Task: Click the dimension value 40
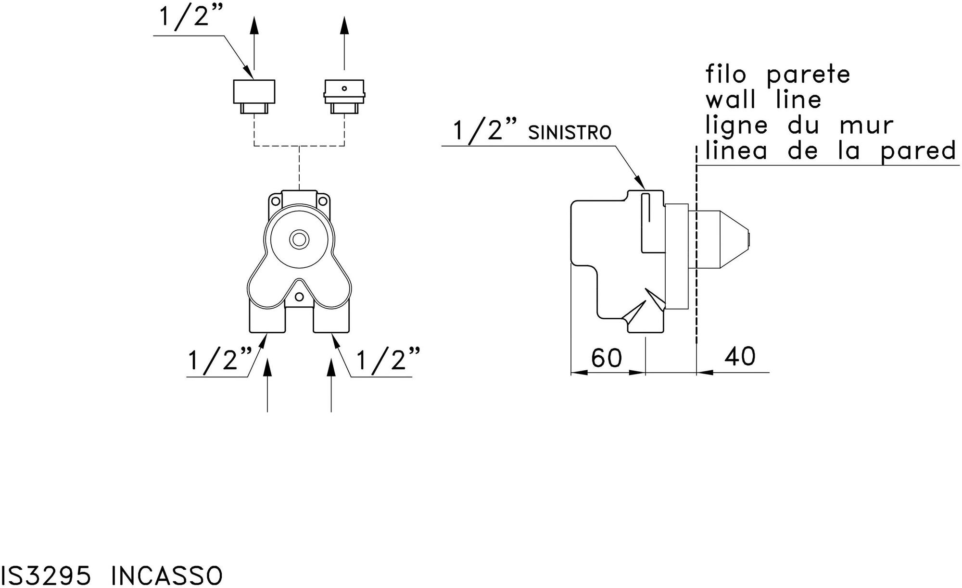coord(740,357)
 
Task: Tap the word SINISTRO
coord(570,133)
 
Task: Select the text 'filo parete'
coord(778,75)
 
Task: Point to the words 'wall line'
coord(763,100)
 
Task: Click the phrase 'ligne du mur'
coord(799,125)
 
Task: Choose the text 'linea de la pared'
coord(830,151)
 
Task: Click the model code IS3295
coord(45,575)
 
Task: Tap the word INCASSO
coord(167,575)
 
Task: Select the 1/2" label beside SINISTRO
coord(485,131)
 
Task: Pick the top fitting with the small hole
coord(344,96)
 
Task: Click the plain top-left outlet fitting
coord(254,96)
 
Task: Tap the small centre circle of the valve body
coord(299,239)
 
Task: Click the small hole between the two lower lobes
coord(299,296)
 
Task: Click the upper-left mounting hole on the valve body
coord(276,201)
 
